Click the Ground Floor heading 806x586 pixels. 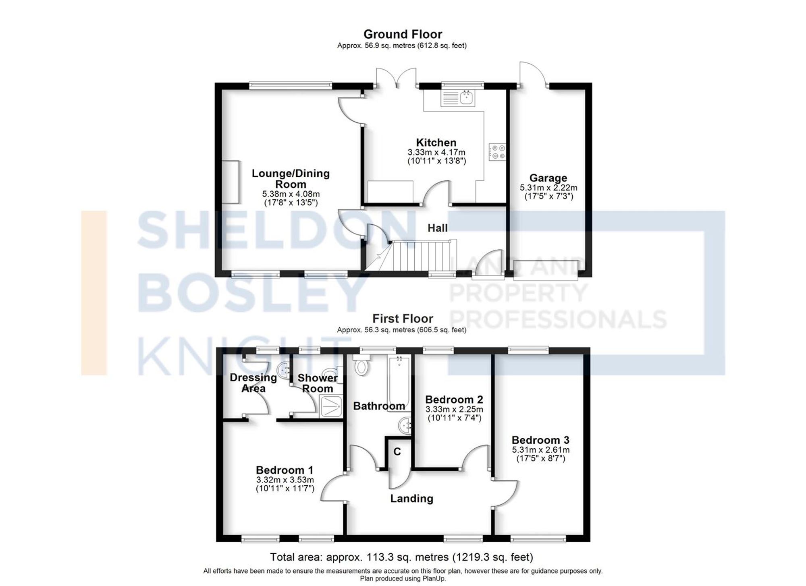point(402,34)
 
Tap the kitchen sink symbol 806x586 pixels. point(458,97)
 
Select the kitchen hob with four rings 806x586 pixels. point(497,152)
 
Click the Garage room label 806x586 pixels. point(548,178)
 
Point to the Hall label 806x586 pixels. point(437,228)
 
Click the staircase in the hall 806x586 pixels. point(419,256)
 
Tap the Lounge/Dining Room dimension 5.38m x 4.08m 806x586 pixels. point(291,194)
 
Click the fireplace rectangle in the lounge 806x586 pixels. point(230,182)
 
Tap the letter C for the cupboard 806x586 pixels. point(397,452)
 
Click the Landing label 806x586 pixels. point(411,499)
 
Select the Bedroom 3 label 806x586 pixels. point(540,440)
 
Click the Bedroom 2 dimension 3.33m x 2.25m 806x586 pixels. point(454,409)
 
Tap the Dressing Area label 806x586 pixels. point(253,383)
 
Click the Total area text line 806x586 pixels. point(401,557)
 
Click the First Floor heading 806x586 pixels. point(402,319)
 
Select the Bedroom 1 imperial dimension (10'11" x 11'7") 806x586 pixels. point(285,489)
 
